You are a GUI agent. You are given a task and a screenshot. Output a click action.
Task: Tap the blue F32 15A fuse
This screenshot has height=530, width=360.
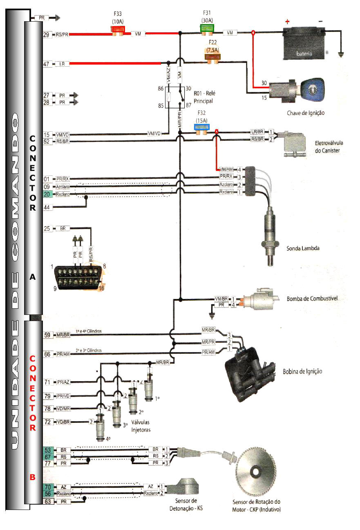pos(201,127)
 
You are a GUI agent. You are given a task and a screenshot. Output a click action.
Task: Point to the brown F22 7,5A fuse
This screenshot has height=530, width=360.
pos(212,57)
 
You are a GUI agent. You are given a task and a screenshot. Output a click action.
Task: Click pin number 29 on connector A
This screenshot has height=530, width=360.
pos(47,35)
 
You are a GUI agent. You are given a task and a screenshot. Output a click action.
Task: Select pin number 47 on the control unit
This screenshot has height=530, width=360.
pos(47,64)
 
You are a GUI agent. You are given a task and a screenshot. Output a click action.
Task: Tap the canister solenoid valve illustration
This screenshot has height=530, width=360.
pos(294,144)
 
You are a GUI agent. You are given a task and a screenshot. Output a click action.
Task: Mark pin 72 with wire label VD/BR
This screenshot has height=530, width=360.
pos(47,422)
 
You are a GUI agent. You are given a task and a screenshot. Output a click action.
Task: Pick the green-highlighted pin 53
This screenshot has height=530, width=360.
pos(47,450)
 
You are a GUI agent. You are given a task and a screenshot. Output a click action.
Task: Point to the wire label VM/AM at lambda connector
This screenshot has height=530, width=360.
pos(226,169)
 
